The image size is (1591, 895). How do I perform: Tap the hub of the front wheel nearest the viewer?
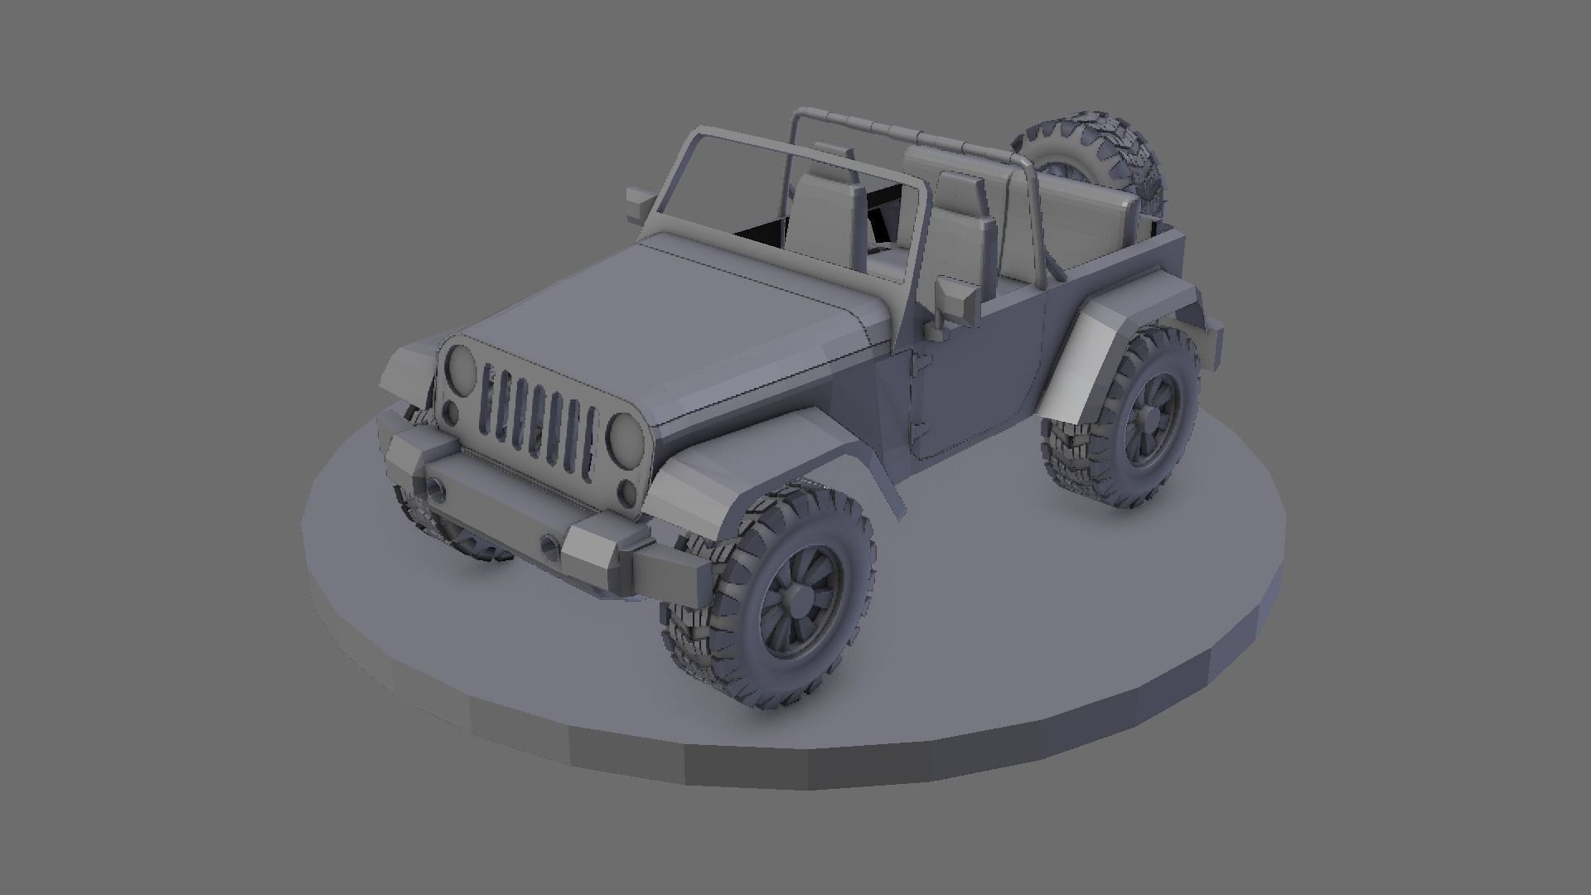(801, 593)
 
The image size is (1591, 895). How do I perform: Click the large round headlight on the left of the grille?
(461, 367)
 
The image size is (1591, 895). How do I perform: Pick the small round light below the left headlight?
(450, 411)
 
